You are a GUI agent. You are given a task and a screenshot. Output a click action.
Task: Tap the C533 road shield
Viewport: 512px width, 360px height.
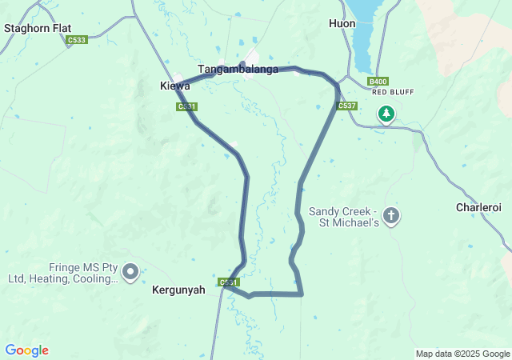[x=77, y=39]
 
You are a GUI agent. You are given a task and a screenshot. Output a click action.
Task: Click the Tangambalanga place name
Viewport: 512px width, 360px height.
[x=238, y=70]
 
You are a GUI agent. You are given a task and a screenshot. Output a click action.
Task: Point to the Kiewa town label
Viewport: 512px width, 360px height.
[x=175, y=86]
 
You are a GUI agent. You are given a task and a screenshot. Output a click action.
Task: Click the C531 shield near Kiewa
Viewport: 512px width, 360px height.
[x=186, y=106]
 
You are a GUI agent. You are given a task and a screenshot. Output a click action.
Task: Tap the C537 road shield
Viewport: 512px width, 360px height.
[x=346, y=106]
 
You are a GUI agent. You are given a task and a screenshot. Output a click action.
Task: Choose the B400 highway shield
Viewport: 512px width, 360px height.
[x=378, y=82]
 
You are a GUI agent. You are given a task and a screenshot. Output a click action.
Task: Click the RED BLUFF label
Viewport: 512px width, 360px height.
[x=392, y=92]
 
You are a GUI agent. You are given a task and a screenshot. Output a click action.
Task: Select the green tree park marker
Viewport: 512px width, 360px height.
[x=386, y=114]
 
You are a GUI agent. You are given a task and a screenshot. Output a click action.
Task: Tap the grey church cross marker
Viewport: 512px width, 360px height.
[x=391, y=215]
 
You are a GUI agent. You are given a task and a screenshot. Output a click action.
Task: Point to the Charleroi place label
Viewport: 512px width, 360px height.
[x=478, y=207]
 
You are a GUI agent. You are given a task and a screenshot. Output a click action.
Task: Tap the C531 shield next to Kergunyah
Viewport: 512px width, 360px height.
[x=228, y=282]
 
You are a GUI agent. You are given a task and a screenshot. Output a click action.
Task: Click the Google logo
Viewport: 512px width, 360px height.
[x=26, y=350]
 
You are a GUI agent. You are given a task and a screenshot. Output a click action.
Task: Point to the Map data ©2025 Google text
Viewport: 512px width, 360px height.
[x=462, y=354]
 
